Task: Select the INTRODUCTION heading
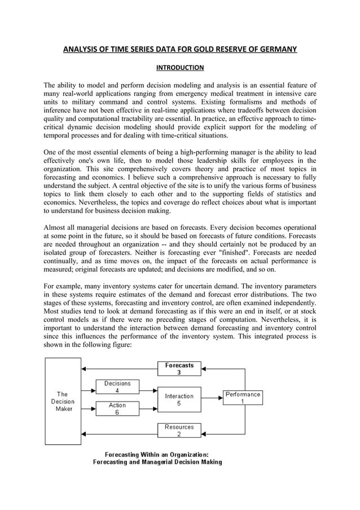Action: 179,68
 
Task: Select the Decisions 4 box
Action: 117,387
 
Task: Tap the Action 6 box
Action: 117,408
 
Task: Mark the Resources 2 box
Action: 179,430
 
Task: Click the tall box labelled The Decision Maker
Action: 63,401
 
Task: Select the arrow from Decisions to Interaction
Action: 148,390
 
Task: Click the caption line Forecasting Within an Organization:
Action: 157,454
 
